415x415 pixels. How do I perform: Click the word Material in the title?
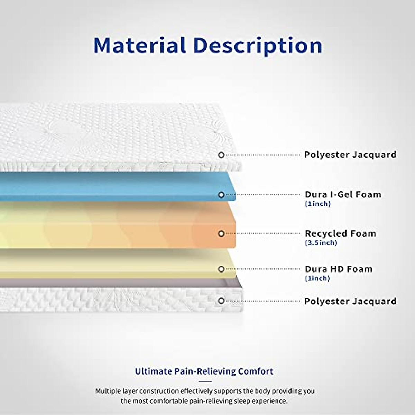pyautogui.click(x=140, y=45)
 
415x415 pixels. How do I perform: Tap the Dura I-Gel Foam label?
pyautogui.click(x=343, y=194)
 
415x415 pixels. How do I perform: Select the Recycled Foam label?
pyautogui.click(x=341, y=234)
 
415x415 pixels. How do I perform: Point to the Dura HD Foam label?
pyautogui.click(x=339, y=269)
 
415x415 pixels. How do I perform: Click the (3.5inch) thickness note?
pyautogui.click(x=321, y=243)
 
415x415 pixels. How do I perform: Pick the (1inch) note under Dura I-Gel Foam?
pyautogui.click(x=318, y=204)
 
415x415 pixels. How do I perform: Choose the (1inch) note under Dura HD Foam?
pyautogui.click(x=317, y=278)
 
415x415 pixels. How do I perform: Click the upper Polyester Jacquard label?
pyautogui.click(x=350, y=155)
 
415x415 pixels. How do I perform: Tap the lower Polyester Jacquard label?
pyautogui.click(x=350, y=301)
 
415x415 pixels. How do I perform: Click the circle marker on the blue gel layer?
pyautogui.click(x=221, y=195)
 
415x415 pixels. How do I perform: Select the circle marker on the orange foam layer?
pyautogui.click(x=221, y=234)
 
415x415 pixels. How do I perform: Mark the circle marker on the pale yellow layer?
pyautogui.click(x=221, y=269)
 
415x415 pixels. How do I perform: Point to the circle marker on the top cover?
pyautogui.click(x=221, y=155)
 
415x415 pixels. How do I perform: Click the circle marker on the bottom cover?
pyautogui.click(x=221, y=301)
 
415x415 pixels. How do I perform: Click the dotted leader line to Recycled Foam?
pyautogui.click(x=262, y=234)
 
